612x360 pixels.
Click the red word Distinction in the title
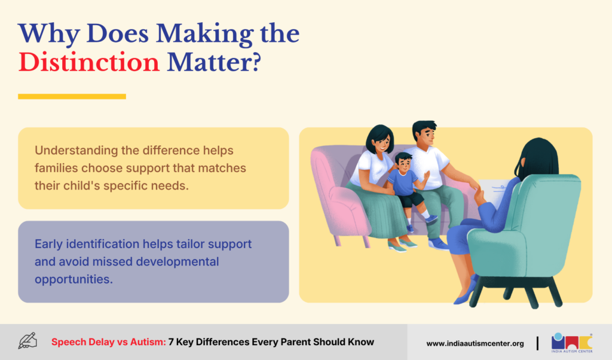tap(89, 62)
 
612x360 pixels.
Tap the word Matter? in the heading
tap(214, 62)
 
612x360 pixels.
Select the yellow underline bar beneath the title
tap(72, 96)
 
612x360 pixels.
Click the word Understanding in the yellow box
tap(76, 151)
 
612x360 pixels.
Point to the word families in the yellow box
tap(56, 168)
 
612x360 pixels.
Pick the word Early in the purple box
tap(48, 244)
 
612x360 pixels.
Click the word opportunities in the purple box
tap(74, 279)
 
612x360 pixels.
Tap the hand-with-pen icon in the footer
tap(27, 341)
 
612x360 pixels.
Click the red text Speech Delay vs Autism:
tap(109, 342)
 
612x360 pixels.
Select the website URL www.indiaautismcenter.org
tap(475, 344)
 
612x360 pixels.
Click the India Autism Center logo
tap(572, 343)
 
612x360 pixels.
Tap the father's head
tap(426, 133)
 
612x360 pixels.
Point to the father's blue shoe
tap(438, 244)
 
